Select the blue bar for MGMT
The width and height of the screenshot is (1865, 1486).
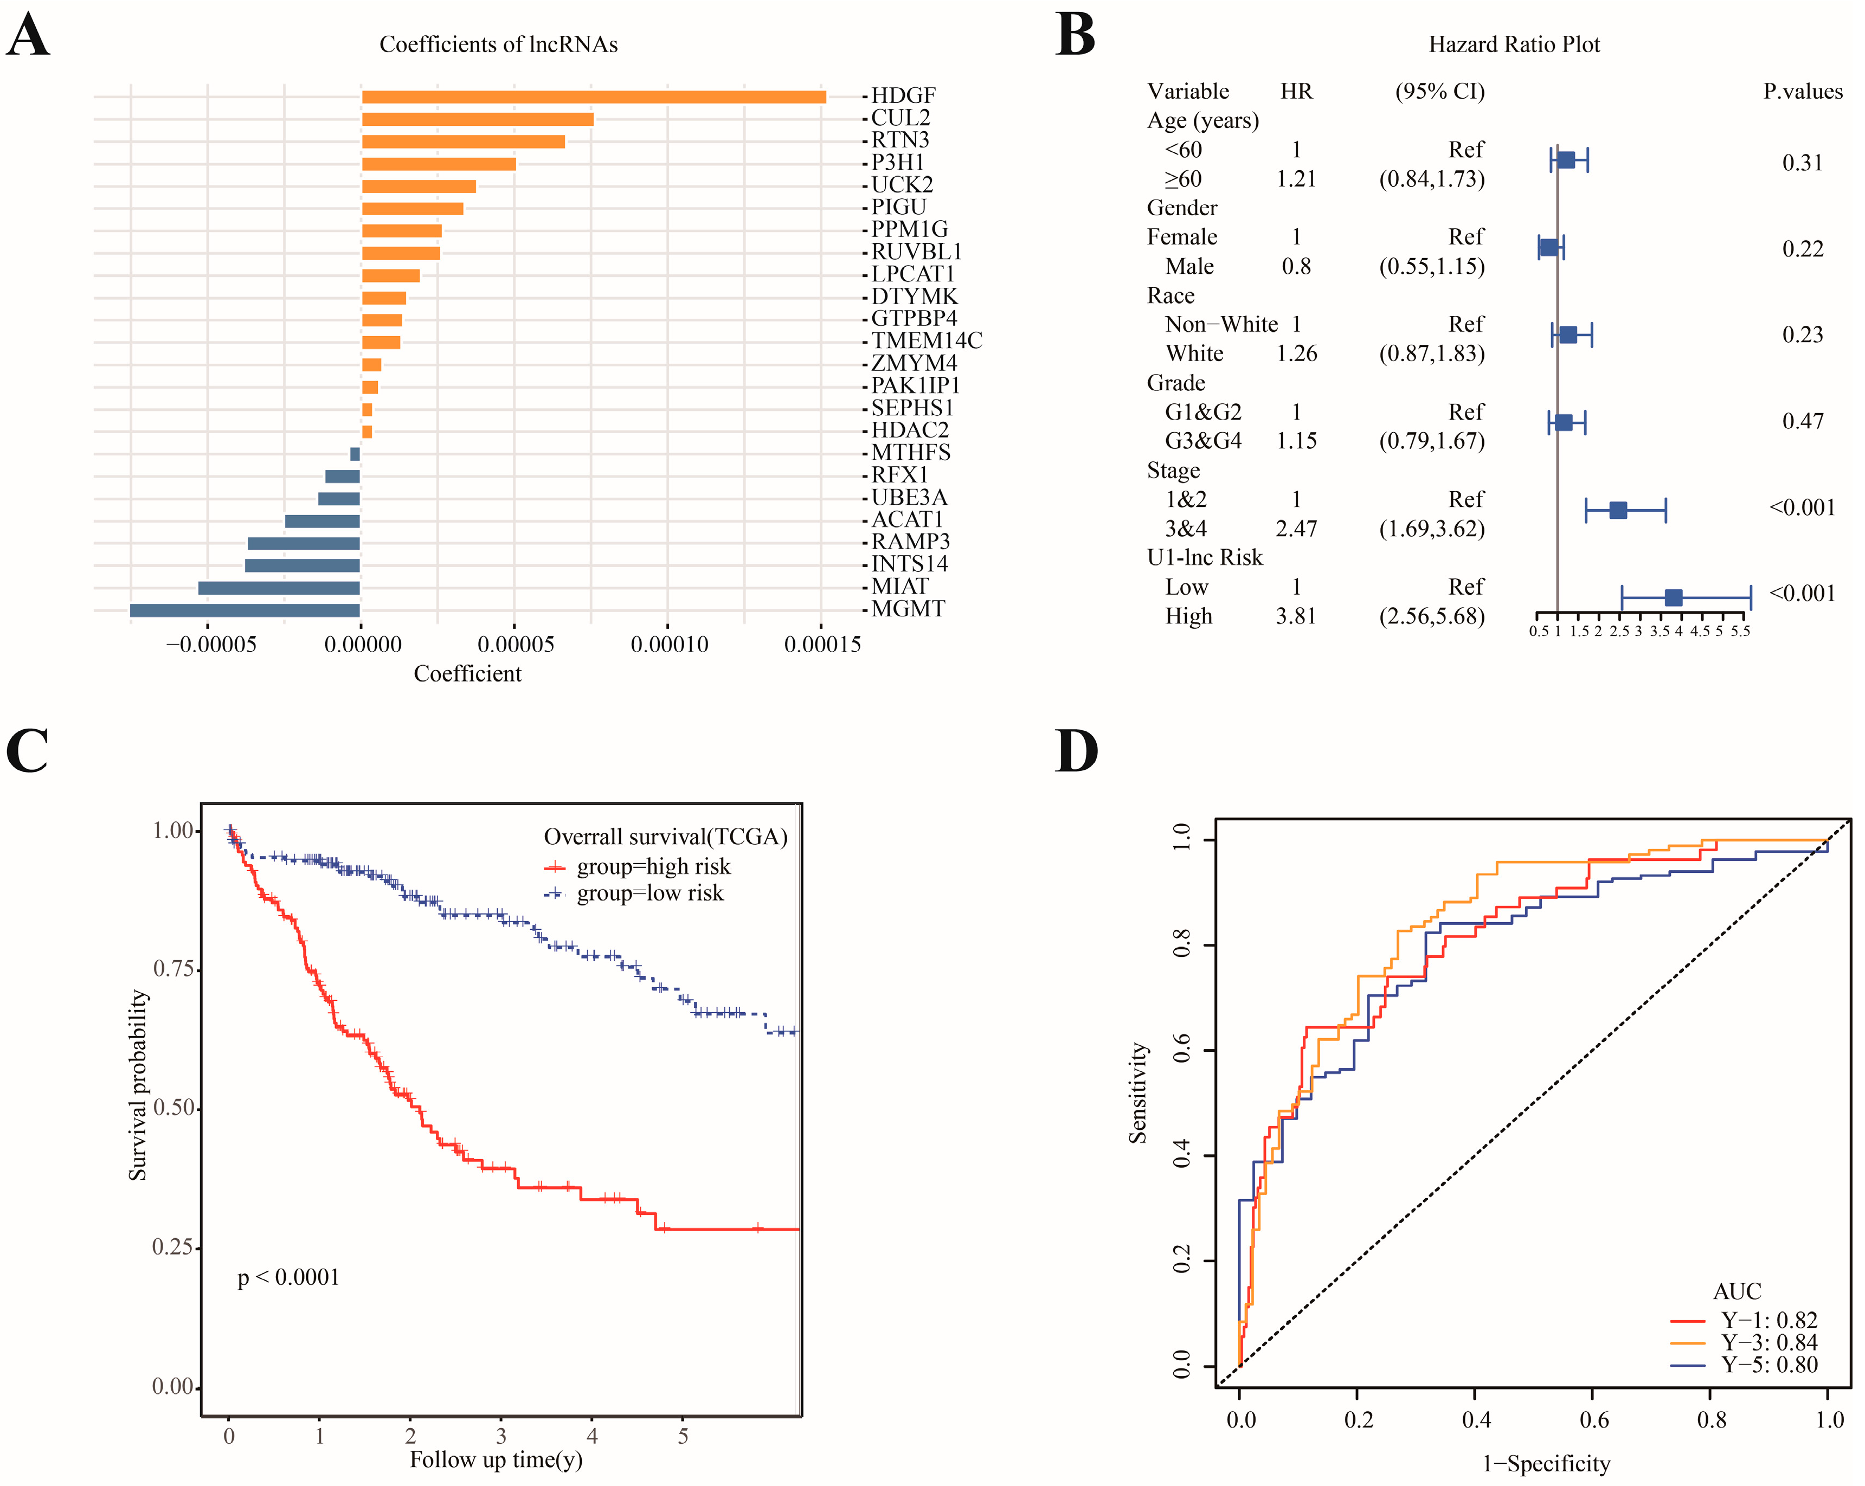(245, 610)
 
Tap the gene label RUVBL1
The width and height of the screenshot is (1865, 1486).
(916, 252)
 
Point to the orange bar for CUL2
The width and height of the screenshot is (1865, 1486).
(478, 119)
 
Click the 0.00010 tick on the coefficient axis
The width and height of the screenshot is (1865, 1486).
(668, 645)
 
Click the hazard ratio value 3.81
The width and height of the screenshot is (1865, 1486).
(1296, 616)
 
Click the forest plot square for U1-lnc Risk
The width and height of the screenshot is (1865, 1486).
(1673, 597)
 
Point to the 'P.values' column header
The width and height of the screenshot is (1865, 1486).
(1803, 92)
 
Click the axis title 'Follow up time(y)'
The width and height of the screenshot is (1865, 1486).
(496, 1460)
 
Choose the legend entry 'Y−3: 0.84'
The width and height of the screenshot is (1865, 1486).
(1769, 1342)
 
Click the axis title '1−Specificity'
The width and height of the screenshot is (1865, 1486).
(1546, 1464)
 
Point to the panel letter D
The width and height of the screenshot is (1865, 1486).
(1076, 751)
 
